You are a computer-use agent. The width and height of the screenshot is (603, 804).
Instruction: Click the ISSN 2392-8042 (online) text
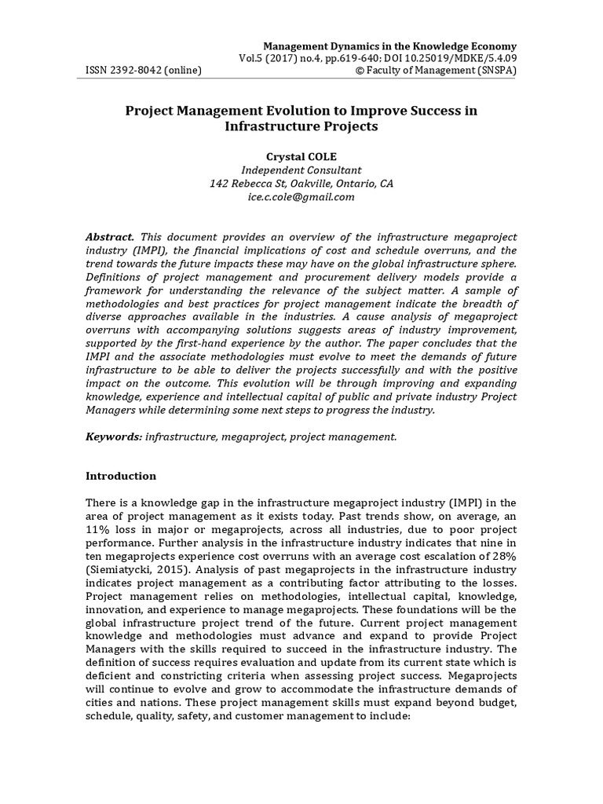pyautogui.click(x=144, y=71)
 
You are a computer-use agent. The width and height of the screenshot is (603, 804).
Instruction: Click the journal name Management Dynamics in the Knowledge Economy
pyautogui.click(x=389, y=46)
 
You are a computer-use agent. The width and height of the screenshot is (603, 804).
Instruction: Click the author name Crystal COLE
pyautogui.click(x=301, y=156)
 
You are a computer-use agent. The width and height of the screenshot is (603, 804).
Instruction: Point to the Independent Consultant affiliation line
pyautogui.click(x=301, y=170)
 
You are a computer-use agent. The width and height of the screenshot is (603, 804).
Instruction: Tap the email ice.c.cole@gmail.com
pyautogui.click(x=301, y=197)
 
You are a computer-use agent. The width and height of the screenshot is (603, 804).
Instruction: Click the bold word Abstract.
pyautogui.click(x=110, y=237)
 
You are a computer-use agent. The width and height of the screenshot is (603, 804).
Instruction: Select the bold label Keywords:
pyautogui.click(x=114, y=436)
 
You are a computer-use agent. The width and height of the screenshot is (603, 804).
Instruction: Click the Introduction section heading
pyautogui.click(x=121, y=477)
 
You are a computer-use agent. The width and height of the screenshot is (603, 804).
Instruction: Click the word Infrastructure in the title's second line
pyautogui.click(x=266, y=126)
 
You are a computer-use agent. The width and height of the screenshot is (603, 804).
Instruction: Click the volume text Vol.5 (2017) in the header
pyautogui.click(x=270, y=58)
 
